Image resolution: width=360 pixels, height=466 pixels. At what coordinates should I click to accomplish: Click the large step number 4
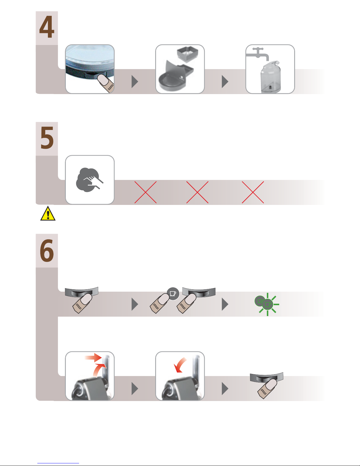coord(47,27)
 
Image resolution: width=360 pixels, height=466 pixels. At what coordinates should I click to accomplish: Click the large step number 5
coord(47,138)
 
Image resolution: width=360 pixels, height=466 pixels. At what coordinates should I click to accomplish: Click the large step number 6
coord(47,250)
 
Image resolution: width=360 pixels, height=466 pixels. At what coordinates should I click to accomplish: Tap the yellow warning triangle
coord(48,213)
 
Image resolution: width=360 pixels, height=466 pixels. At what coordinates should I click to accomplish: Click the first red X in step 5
coord(145,192)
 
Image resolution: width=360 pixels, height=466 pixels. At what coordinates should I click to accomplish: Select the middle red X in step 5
coord(197,192)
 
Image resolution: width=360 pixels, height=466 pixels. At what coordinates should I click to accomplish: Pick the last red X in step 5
coord(253,192)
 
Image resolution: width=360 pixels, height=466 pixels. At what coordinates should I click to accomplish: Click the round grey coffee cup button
coord(173,294)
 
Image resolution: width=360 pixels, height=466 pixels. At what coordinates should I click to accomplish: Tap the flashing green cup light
coord(267,304)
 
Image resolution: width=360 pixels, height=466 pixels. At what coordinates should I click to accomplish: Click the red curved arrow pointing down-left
coord(180,365)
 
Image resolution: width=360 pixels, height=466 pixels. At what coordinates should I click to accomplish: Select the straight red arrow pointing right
coord(93,358)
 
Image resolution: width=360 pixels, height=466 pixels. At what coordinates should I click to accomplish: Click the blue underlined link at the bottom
coord(58,463)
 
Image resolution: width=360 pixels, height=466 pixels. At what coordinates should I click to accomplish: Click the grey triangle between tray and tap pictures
coord(225,81)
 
